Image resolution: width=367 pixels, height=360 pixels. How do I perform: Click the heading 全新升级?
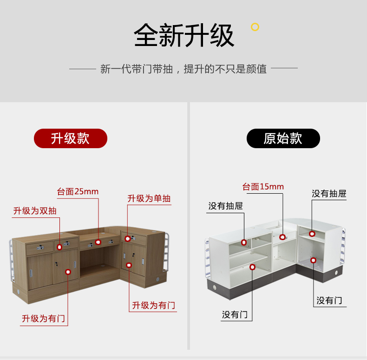click(x=183, y=36)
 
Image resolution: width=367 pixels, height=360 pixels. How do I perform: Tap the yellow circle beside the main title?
click(x=255, y=27)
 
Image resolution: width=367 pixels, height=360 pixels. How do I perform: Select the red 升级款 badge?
click(x=70, y=138)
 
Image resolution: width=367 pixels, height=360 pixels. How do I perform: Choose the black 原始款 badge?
click(x=283, y=138)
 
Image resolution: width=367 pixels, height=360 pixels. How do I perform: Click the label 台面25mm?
click(x=78, y=191)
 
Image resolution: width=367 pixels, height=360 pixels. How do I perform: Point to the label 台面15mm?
click(x=263, y=187)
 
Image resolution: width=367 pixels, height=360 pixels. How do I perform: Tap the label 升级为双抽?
click(x=35, y=211)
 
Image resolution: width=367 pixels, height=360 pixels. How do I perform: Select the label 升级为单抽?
click(x=149, y=199)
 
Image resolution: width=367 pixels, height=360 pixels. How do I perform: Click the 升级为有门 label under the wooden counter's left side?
click(x=43, y=319)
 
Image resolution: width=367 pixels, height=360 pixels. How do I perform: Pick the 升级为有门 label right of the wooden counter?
click(x=153, y=305)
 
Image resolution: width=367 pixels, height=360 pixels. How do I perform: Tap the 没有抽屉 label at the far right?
click(x=329, y=194)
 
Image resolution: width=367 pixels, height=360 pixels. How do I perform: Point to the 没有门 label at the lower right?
click(x=329, y=300)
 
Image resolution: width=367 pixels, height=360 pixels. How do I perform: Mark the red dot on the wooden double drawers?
click(x=59, y=247)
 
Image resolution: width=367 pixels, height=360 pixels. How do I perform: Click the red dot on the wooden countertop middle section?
click(x=98, y=242)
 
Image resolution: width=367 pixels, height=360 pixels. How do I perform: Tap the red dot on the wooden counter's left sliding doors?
click(x=68, y=272)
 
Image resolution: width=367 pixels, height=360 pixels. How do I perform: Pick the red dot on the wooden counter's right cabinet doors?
click(x=129, y=265)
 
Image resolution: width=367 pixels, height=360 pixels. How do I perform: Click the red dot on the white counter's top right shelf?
click(x=312, y=234)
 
